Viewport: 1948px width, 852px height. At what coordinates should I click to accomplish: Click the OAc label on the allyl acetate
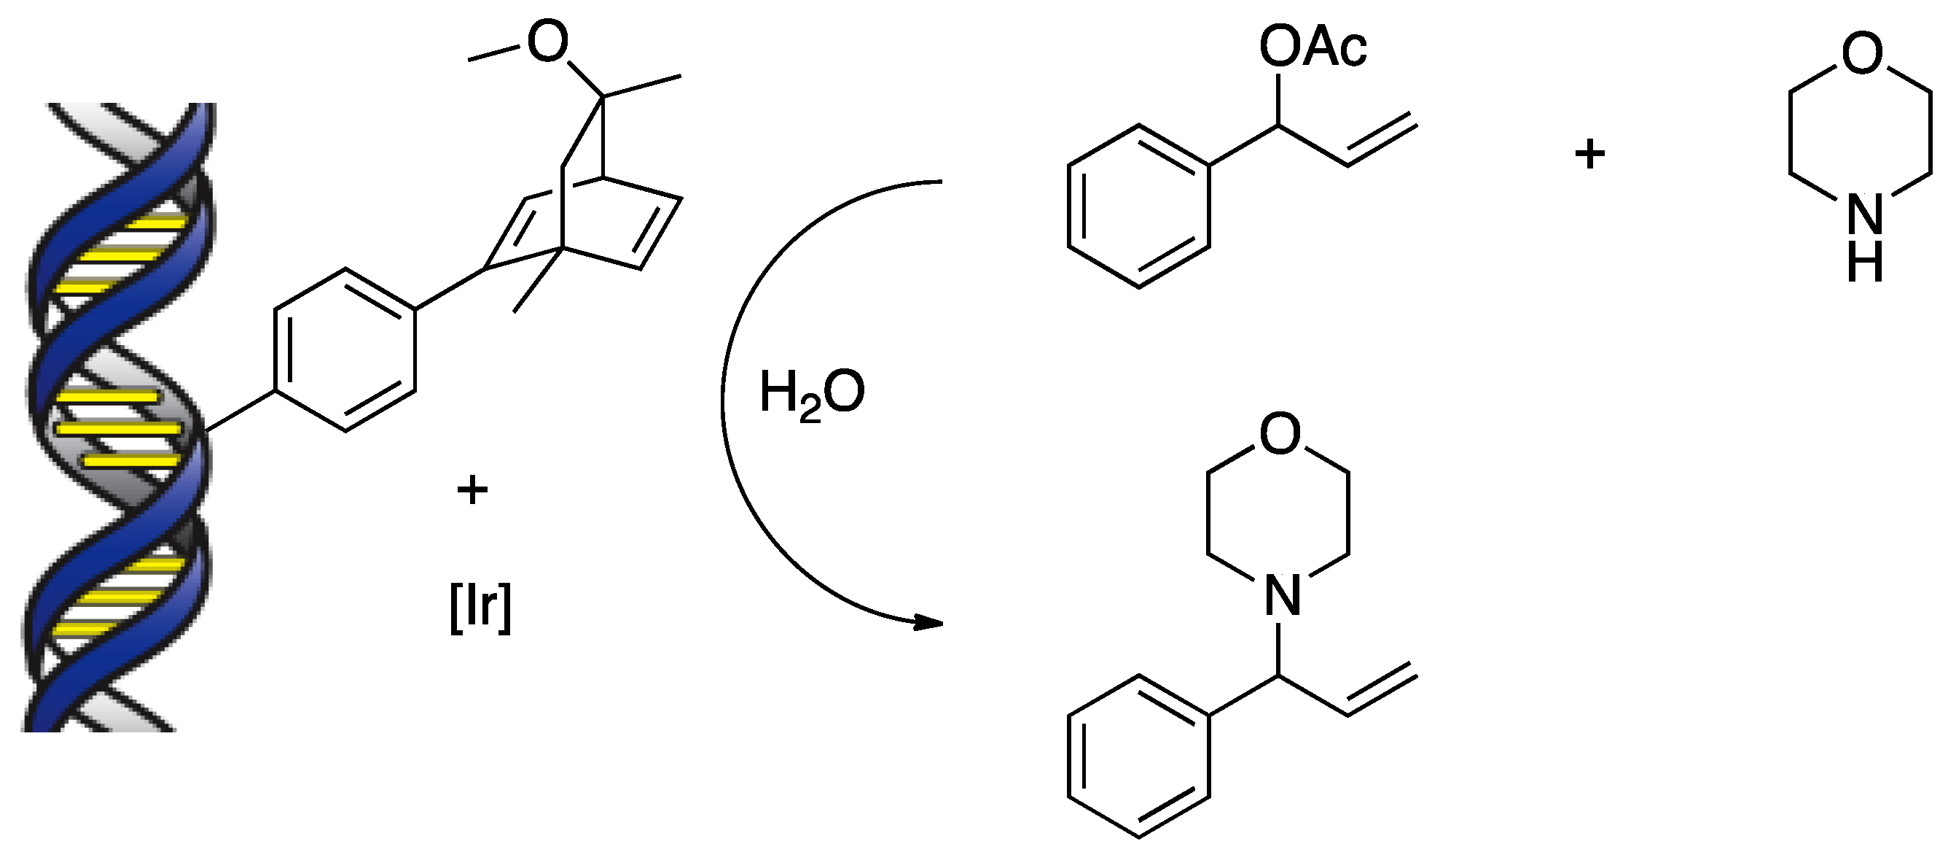tap(1312, 47)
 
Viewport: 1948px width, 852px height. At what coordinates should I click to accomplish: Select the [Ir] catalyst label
tap(480, 607)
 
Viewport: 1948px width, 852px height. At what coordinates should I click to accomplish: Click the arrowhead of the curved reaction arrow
tap(928, 623)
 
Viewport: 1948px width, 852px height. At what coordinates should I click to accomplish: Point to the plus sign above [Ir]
tap(473, 490)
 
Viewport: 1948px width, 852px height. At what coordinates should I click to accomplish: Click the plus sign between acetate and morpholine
tap(1589, 155)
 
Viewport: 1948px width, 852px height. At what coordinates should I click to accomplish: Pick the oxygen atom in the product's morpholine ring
tap(1280, 433)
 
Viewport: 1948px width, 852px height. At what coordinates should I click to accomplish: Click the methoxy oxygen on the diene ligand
tap(547, 42)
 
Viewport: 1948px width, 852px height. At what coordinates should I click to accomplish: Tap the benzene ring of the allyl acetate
tap(1139, 206)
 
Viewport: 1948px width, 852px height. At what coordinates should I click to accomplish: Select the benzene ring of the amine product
tap(1139, 756)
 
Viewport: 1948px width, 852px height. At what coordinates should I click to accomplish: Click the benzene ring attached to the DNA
tap(345, 349)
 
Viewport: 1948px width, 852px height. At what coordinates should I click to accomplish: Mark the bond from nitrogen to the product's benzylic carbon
tap(1279, 648)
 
